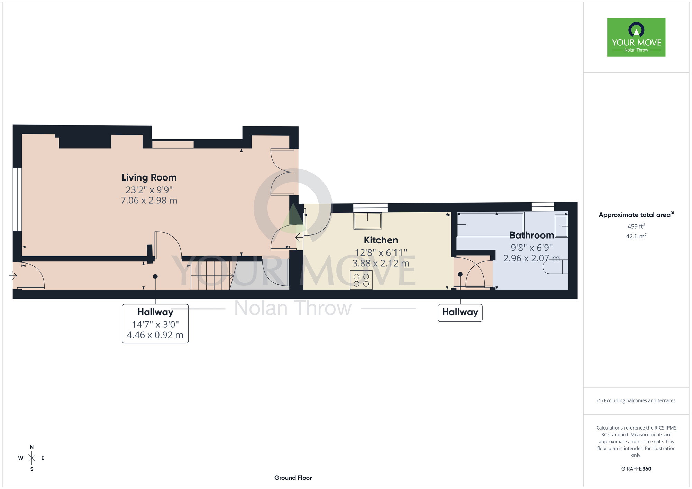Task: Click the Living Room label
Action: click(x=149, y=177)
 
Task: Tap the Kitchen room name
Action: click(x=381, y=240)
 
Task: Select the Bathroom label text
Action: click(x=532, y=235)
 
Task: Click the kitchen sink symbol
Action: click(x=367, y=221)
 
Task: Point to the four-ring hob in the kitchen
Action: click(x=361, y=280)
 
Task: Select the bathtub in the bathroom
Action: click(x=491, y=224)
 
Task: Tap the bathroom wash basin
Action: click(x=562, y=226)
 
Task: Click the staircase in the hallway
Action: click(x=210, y=275)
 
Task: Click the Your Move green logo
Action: click(x=636, y=37)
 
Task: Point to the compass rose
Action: click(x=32, y=458)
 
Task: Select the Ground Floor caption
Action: click(x=293, y=478)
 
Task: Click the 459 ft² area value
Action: click(x=636, y=226)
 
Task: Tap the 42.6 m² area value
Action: click(x=636, y=236)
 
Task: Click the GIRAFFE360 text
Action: click(x=636, y=469)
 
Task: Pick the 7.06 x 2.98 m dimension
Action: click(x=149, y=201)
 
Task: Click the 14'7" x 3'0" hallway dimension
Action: click(x=155, y=324)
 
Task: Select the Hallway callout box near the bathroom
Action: click(x=460, y=313)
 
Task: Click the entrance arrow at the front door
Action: click(x=13, y=276)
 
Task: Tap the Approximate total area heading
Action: click(x=636, y=215)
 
